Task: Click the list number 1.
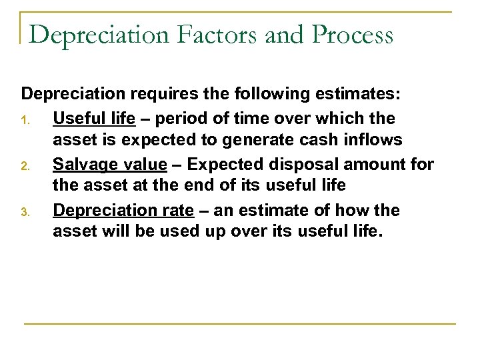[25, 120]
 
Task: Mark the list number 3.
[25, 212]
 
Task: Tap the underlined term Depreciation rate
[123, 210]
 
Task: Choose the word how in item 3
[350, 210]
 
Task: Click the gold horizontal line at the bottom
[240, 323]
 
